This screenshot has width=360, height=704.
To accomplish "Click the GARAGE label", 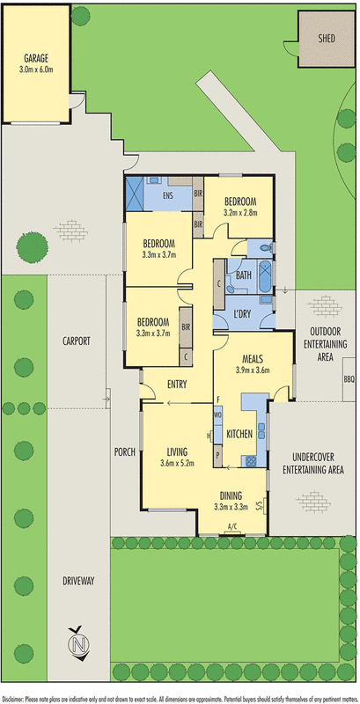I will point(36,60).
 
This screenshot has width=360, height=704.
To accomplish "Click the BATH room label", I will point(242,275).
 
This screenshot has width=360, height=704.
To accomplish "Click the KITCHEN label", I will point(240,435).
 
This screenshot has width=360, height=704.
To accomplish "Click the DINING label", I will point(231,495).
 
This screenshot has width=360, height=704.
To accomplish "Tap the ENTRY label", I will point(177,383).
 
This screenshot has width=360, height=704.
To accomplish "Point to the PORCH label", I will point(124,452).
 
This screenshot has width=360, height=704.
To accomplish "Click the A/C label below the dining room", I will point(232,527).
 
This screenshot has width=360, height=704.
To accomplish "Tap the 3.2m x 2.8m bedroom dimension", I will point(239,212).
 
